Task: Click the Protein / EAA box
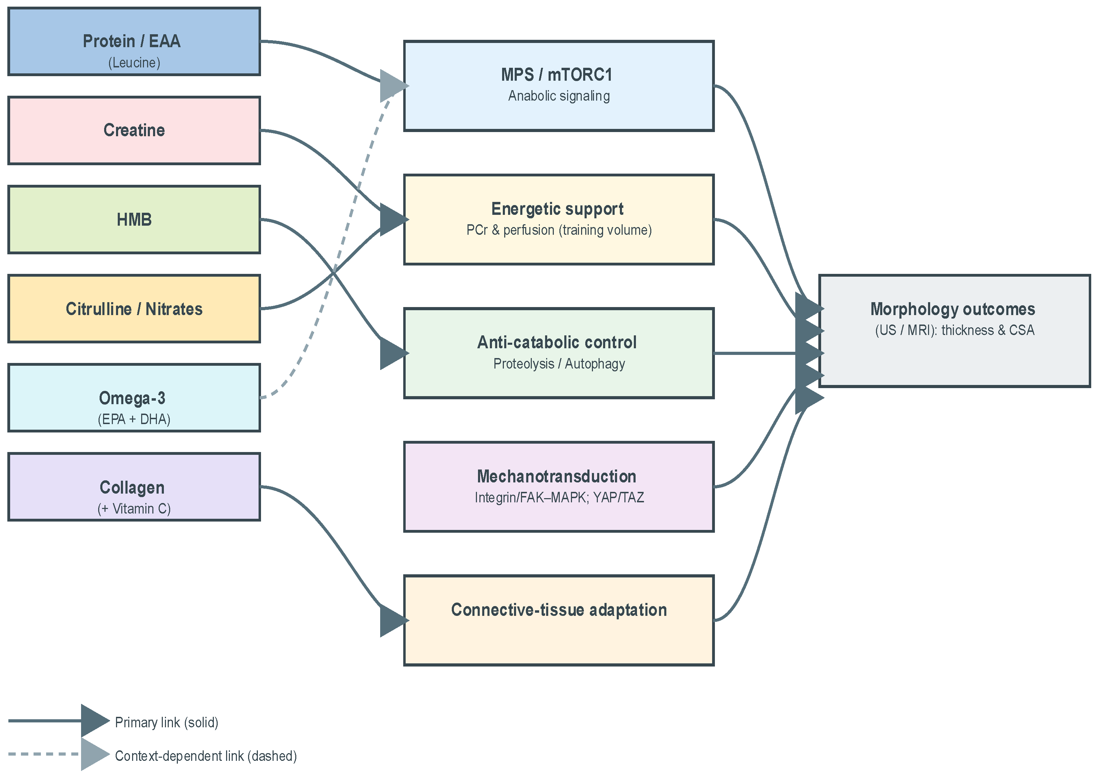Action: [x=134, y=42]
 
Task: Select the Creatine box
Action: [x=134, y=130]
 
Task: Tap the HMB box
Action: [x=134, y=220]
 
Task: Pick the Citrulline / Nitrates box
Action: [x=134, y=309]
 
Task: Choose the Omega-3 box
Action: [x=134, y=398]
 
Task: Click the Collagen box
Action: [x=134, y=487]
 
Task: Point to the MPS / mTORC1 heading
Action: [x=557, y=75]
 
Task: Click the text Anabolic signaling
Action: [x=559, y=96]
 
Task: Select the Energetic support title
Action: [x=557, y=209]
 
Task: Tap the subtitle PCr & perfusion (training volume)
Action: [x=559, y=230]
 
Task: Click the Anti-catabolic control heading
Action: [x=557, y=342]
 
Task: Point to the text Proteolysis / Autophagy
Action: [x=559, y=364]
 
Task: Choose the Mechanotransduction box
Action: [x=559, y=487]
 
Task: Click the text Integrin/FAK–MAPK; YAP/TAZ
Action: [x=559, y=498]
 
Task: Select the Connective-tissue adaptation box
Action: [x=559, y=620]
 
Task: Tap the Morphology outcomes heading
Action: [x=952, y=310]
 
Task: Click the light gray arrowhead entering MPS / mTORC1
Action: [x=392, y=86]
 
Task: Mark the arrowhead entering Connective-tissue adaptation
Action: [x=392, y=621]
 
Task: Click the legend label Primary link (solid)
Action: [x=166, y=722]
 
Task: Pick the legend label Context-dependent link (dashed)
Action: [x=206, y=756]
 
